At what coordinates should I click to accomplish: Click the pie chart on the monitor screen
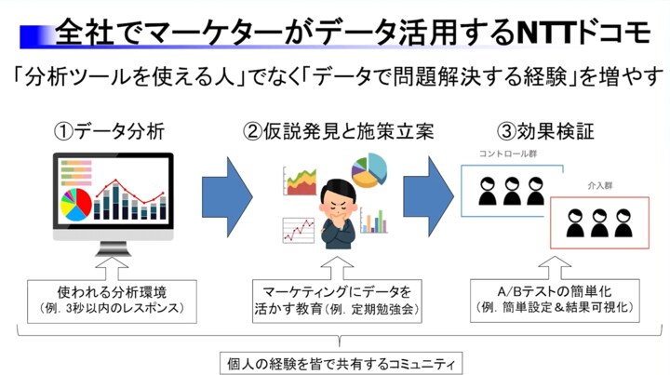coord(77,201)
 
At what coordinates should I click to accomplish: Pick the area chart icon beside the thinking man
coord(301,181)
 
